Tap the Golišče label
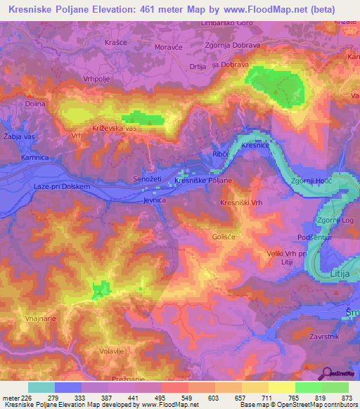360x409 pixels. (223, 237)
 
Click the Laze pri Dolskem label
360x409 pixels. (62, 187)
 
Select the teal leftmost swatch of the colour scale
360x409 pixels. (41, 387)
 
